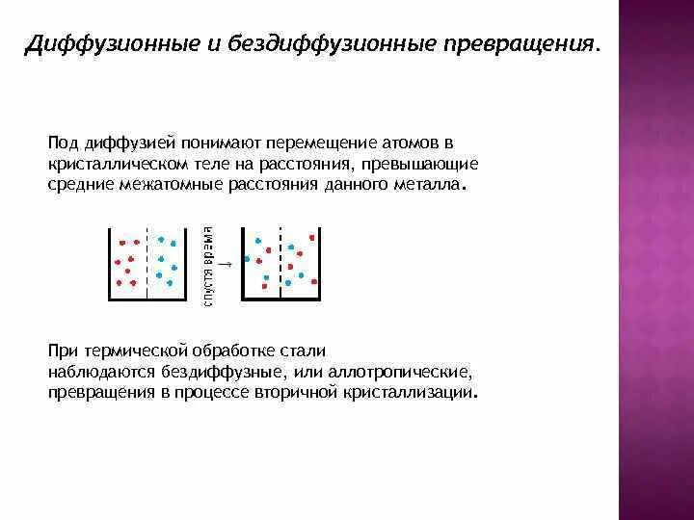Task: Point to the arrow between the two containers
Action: point(225,262)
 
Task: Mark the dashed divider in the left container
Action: point(147,262)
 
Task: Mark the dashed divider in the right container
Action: point(280,262)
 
